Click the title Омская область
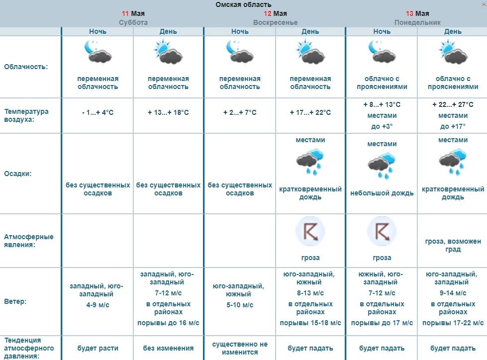coord(243,4)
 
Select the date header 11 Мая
coord(133,13)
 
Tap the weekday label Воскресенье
coord(275,22)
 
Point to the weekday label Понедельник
coord(417,22)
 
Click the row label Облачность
coord(26,67)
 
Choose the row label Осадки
coord(18,174)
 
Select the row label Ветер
coord(15,301)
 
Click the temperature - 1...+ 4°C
coord(97,112)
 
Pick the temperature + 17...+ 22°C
coord(310,112)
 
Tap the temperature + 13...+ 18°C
coord(168,112)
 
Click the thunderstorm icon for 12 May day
coord(310,232)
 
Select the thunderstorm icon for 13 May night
coord(382,232)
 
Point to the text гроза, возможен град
coord(453,245)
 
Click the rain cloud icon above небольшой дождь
coord(382,167)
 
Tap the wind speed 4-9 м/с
coord(97,304)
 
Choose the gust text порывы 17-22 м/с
coord(453,323)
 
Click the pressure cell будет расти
coord(97,348)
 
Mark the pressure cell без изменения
coord(168,348)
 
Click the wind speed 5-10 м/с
coord(239,304)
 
